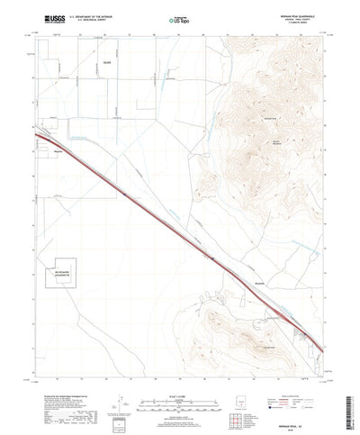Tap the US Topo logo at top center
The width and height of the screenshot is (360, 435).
(176, 18)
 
